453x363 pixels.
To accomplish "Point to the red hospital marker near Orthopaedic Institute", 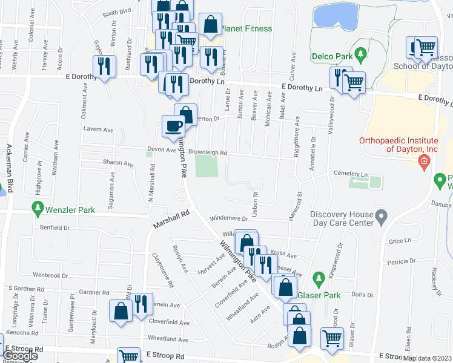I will pos(423,160).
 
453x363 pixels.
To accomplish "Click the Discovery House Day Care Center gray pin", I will pos(381,216).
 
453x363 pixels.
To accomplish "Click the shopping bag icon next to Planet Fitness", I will pos(210,25).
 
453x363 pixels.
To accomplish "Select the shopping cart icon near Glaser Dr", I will pos(332,338).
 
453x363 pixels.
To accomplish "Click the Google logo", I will pos(21,356).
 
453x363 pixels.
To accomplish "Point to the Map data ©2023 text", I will pos(428,358).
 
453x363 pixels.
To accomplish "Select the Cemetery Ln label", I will pos(351,174).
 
